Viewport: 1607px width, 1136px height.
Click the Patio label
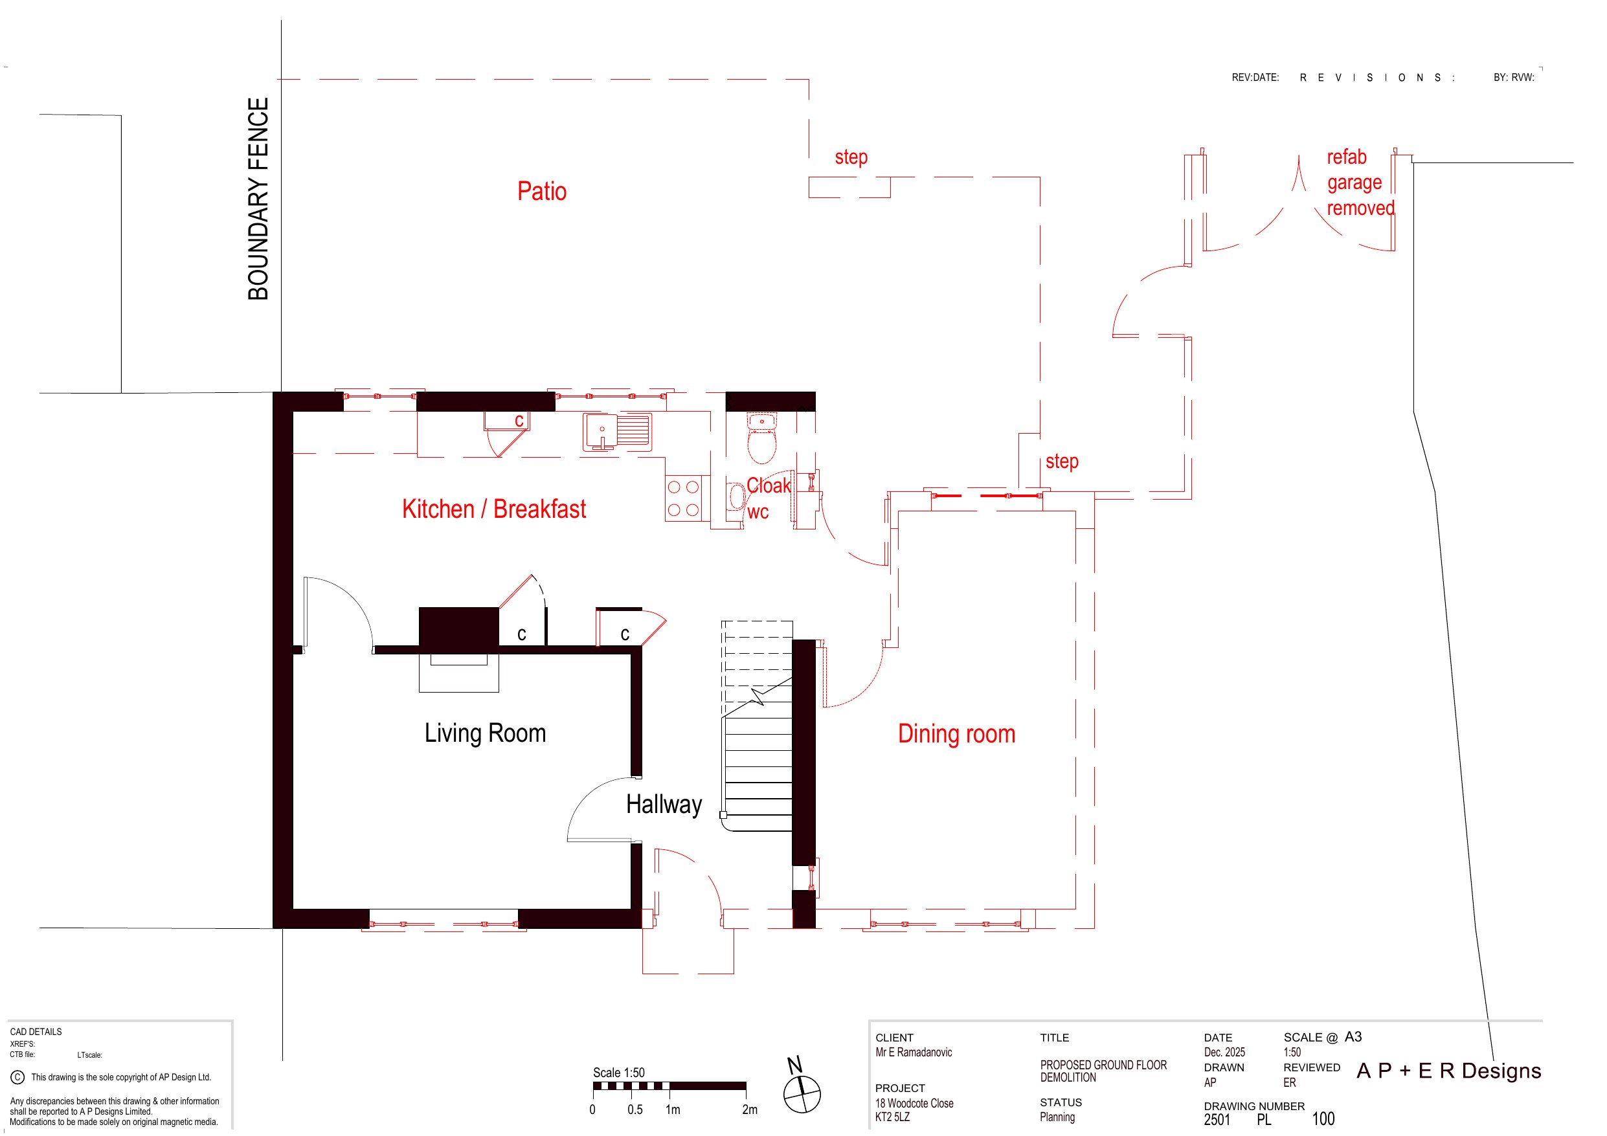[542, 191]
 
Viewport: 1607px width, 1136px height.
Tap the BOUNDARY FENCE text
[258, 199]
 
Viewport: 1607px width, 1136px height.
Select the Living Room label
[485, 733]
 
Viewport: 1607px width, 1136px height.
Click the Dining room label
[956, 733]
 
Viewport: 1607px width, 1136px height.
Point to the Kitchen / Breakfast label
[493, 509]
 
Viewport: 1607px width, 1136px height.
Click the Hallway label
[664, 804]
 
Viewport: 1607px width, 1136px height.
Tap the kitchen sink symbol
[617, 431]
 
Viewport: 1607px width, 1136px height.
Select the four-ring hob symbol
[683, 498]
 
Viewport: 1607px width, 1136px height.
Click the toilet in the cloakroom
[761, 438]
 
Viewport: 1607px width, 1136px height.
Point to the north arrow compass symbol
[801, 1093]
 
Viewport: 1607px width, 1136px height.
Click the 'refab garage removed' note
[1360, 182]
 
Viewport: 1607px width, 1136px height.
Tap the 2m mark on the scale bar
[749, 1109]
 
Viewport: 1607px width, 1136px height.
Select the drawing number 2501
[1217, 1119]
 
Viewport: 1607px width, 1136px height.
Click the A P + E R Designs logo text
[1448, 1070]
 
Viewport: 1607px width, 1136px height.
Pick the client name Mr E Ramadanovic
[914, 1052]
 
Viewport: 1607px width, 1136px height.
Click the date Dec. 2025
[1224, 1052]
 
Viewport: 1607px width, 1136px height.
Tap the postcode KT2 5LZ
[892, 1117]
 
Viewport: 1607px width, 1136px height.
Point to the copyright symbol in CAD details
[17, 1077]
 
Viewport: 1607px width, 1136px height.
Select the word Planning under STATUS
[1057, 1117]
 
